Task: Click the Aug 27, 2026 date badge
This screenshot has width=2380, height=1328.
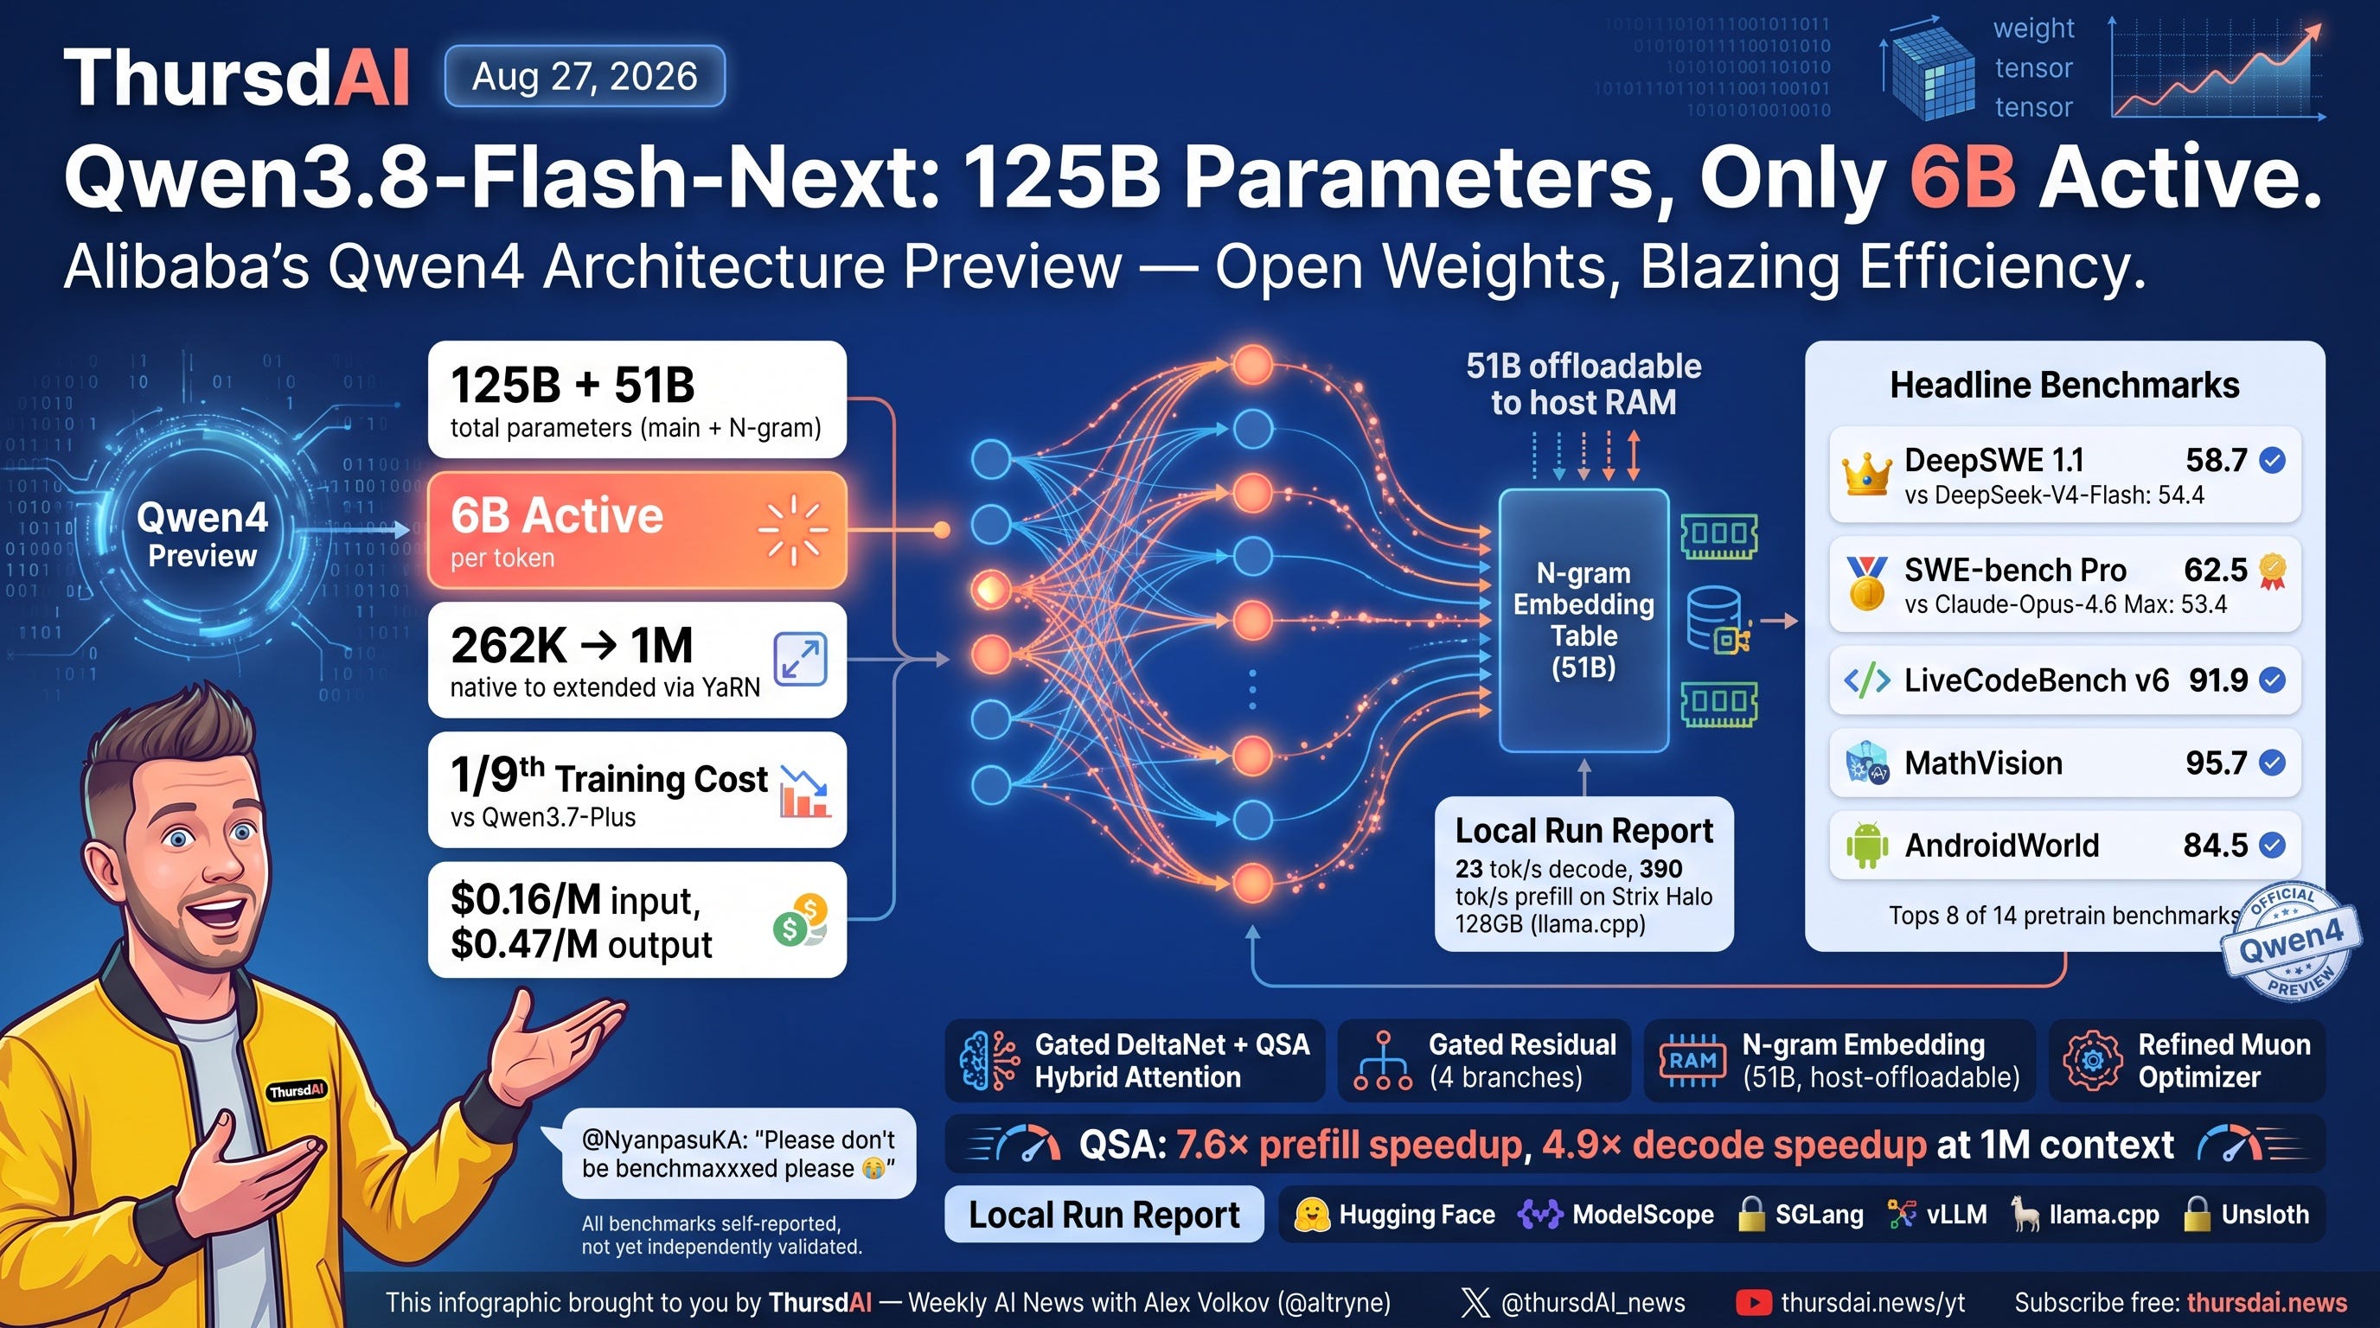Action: pos(585,76)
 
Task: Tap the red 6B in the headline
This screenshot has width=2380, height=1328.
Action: pos(1962,176)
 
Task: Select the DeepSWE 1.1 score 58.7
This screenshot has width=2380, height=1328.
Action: pos(2216,460)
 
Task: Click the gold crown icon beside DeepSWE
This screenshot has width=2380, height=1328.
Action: pos(1866,475)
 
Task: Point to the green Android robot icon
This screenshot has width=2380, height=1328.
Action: pos(1866,845)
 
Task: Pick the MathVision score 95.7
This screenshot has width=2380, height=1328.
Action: pos(2216,763)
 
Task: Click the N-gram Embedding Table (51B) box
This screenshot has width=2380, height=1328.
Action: pos(1583,620)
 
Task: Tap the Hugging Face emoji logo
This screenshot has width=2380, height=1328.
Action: pos(1312,1215)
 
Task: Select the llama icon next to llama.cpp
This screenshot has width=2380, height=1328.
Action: pos(2025,1215)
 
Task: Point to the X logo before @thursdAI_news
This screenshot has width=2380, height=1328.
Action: pos(1475,1302)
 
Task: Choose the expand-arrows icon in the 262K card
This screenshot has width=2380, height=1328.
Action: pos(800,660)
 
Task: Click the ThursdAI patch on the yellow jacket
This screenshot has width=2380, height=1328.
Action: pos(297,1090)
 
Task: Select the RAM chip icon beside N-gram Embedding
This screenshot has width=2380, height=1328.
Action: pos(1692,1061)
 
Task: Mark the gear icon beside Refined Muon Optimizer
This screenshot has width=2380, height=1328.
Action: pos(2093,1061)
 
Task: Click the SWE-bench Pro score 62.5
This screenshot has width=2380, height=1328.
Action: pos(2216,570)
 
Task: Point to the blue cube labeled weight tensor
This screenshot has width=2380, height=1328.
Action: pos(1929,71)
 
